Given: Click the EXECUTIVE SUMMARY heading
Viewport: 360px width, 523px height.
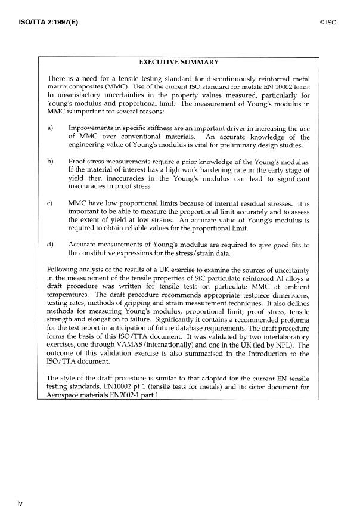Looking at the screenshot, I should point(178,62).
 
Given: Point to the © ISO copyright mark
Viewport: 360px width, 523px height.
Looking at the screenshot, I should point(328,24).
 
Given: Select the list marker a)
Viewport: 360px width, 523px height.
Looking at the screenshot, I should point(51,128).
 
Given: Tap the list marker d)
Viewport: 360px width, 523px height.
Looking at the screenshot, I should point(51,245).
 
